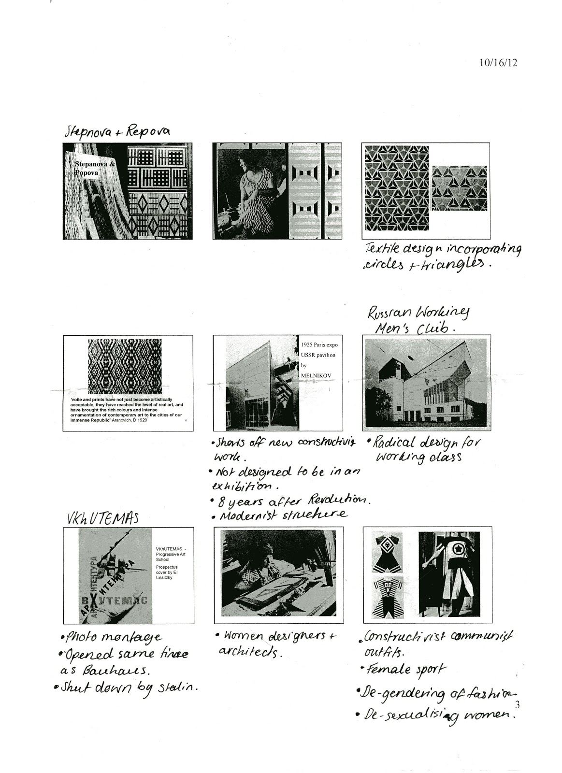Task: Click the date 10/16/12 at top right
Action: (x=498, y=63)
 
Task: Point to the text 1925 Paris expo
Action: (x=318, y=345)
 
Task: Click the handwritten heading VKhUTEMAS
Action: (x=102, y=518)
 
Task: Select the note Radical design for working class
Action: (x=423, y=449)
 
